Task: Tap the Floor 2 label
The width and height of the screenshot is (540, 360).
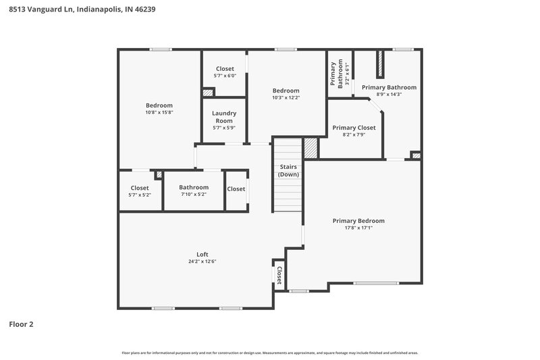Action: pyautogui.click(x=21, y=324)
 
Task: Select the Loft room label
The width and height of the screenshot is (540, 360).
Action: pyautogui.click(x=202, y=255)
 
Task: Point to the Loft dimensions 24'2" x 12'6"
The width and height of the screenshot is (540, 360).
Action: pyautogui.click(x=202, y=261)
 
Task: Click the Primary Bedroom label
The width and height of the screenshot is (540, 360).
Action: pyautogui.click(x=358, y=221)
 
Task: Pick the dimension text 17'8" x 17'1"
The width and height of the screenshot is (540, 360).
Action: pyautogui.click(x=358, y=228)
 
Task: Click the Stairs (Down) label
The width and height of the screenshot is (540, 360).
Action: pyautogui.click(x=288, y=170)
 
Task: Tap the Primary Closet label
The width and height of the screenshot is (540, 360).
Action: pyautogui.click(x=354, y=128)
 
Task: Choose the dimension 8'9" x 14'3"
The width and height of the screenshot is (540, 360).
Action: pyautogui.click(x=389, y=95)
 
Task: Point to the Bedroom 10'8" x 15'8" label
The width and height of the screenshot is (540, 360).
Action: pyautogui.click(x=159, y=109)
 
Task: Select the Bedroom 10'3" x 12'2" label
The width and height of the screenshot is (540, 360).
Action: pyautogui.click(x=286, y=94)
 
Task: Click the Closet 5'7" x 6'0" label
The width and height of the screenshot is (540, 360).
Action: pyautogui.click(x=225, y=72)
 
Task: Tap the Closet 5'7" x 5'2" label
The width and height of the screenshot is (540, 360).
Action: pyautogui.click(x=140, y=190)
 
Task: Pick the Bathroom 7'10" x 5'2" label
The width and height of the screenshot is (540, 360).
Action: pyautogui.click(x=194, y=190)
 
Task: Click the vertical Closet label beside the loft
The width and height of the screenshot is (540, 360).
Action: pyautogui.click(x=278, y=275)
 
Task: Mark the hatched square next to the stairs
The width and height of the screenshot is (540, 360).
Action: pyautogui.click(x=310, y=148)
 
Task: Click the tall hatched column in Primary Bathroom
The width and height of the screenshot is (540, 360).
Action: pyautogui.click(x=379, y=64)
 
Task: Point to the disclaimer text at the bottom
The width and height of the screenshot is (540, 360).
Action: pyautogui.click(x=269, y=353)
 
